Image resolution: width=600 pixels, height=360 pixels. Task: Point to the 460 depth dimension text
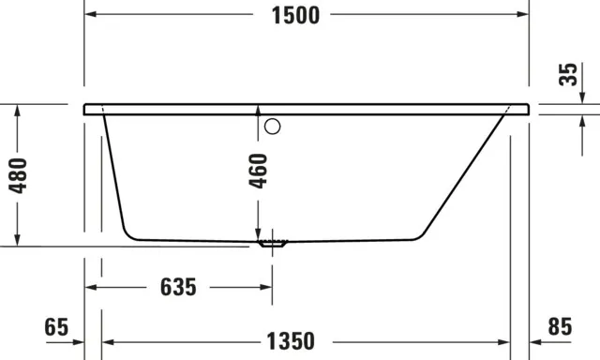[260, 172]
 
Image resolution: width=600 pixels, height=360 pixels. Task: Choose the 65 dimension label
[56, 327]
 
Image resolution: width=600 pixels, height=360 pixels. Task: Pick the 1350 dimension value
[288, 340]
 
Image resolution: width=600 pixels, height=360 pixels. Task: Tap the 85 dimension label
[559, 327]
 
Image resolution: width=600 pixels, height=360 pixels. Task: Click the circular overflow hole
[274, 127]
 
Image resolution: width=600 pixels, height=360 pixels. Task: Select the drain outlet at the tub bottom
[273, 244]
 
